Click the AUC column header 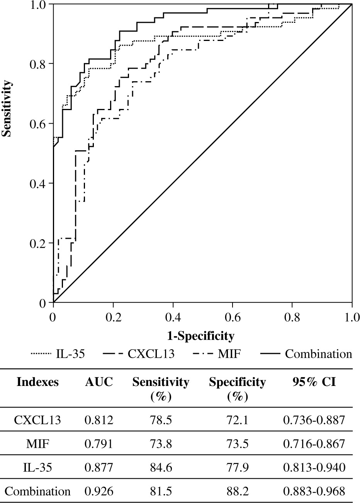[99, 382]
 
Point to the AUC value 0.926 [99, 491]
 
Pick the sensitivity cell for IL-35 [161, 467]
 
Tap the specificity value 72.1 [237, 420]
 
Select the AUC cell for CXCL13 [99, 420]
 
